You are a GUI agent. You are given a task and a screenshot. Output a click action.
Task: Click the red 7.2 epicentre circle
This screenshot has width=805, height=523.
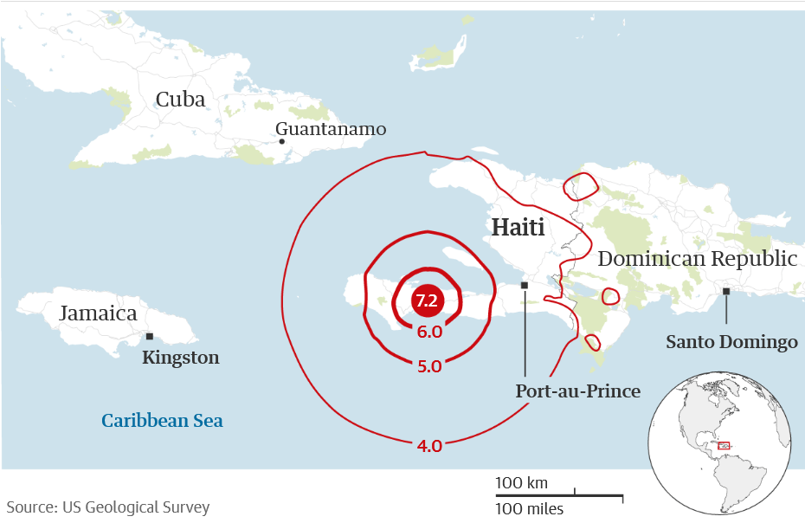pos(426,301)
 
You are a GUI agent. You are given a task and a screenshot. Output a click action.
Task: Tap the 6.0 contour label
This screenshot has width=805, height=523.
pos(429,332)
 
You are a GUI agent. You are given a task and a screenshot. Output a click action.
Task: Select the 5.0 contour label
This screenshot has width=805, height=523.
pos(429,366)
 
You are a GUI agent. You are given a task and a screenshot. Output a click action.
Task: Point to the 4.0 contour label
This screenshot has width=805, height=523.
pos(429,446)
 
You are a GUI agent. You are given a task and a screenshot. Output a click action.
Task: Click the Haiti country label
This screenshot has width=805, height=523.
pos(518,229)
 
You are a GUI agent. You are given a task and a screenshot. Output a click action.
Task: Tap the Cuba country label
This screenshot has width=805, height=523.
pos(181,100)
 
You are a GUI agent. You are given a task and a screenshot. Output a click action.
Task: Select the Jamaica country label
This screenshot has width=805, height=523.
pos(98,313)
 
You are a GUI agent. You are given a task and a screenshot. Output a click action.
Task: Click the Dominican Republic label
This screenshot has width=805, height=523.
pos(697,258)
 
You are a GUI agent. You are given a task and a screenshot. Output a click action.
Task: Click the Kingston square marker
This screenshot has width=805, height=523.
pos(150,336)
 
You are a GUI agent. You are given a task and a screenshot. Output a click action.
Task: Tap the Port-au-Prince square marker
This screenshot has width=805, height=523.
pos(525,284)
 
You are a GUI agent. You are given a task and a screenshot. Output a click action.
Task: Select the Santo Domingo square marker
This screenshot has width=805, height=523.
pos(726,292)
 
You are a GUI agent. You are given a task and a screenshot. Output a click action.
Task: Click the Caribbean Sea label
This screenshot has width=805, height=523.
pos(162,421)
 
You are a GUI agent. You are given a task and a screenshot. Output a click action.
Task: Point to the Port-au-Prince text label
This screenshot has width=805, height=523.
pos(577,391)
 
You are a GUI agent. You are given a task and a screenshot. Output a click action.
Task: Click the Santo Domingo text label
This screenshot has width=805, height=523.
pos(731,342)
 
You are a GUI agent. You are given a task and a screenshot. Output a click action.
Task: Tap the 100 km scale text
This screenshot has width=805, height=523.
pos(521,482)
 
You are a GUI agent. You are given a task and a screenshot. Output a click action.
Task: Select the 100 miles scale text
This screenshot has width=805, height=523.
pos(529,508)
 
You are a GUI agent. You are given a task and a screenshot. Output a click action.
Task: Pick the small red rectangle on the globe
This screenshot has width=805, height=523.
pos(724,445)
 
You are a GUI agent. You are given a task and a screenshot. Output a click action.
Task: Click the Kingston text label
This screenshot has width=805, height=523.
pos(180,358)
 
